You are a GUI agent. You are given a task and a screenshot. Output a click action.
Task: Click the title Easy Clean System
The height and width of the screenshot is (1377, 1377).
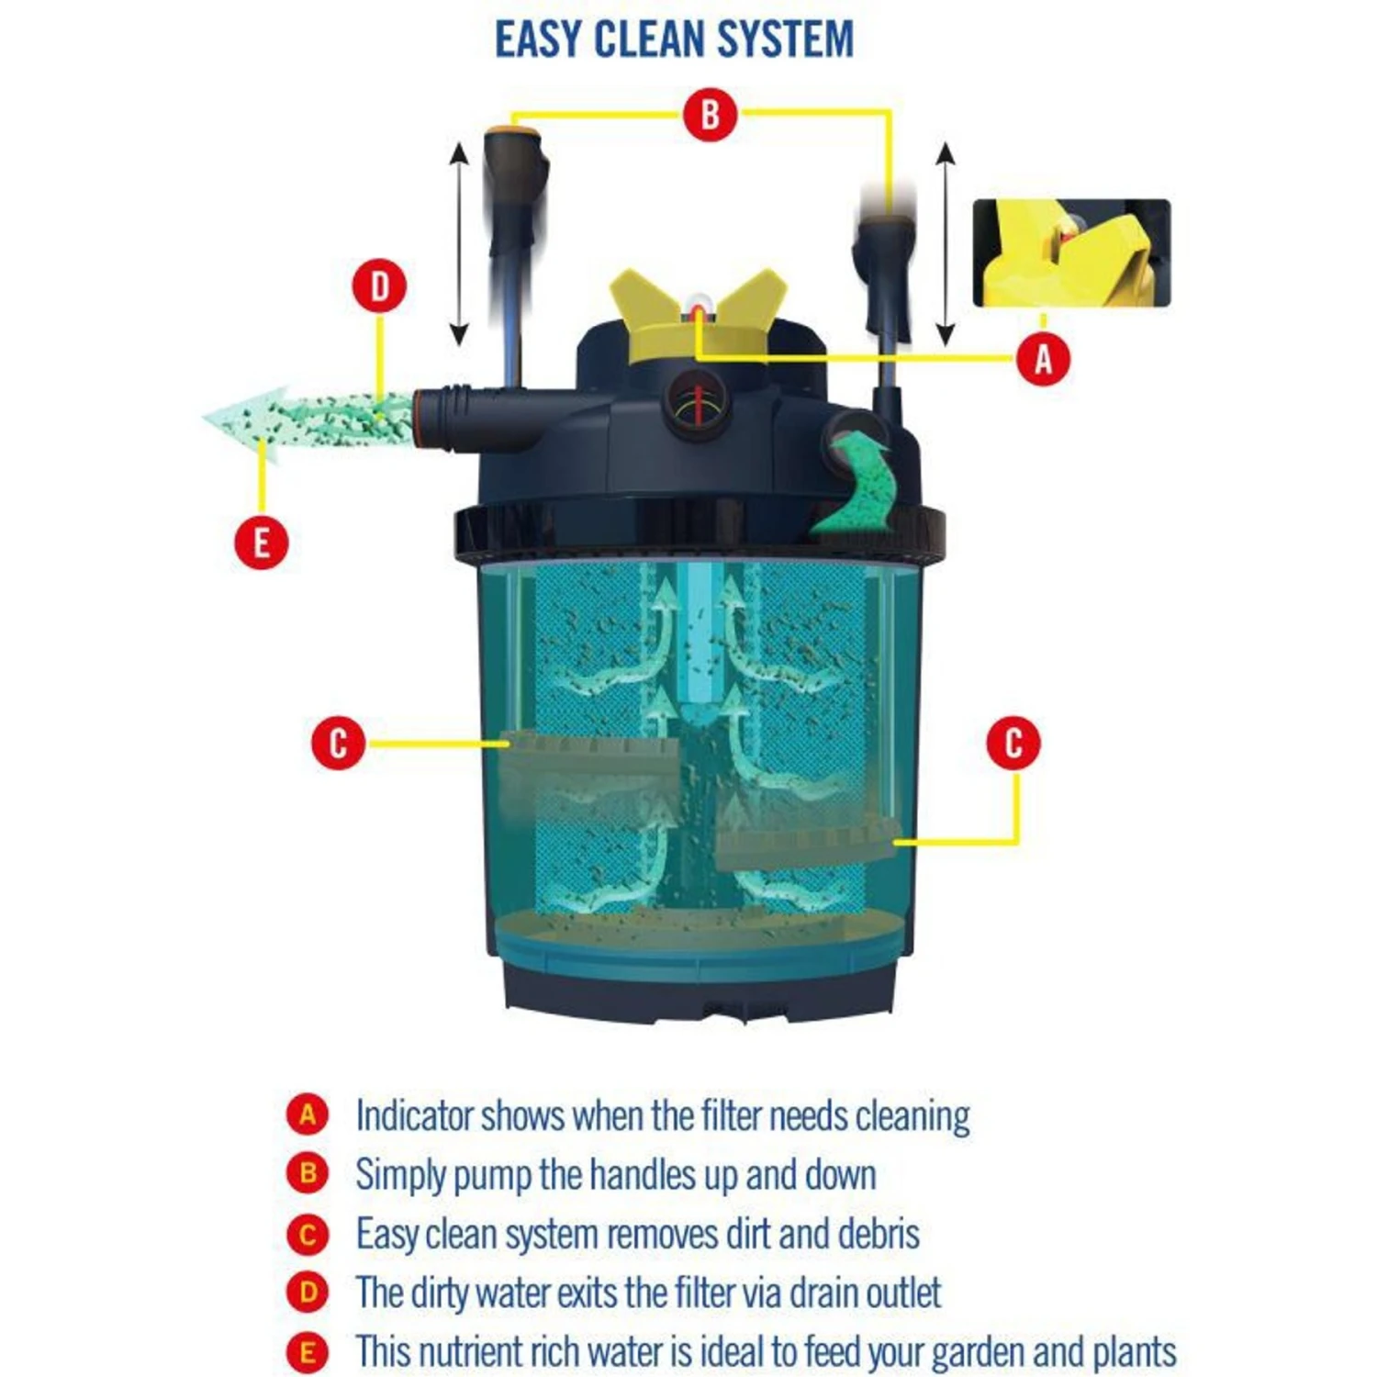(674, 39)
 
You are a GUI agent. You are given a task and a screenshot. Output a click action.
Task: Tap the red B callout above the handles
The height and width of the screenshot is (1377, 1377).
(710, 115)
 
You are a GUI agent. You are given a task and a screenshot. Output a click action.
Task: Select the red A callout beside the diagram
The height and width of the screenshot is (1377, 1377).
(1044, 358)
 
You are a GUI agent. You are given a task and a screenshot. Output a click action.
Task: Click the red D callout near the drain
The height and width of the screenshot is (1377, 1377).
(380, 286)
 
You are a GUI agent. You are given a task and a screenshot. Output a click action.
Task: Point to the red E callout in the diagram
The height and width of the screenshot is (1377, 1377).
(262, 542)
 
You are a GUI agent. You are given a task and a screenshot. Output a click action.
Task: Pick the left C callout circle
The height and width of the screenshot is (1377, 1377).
(338, 743)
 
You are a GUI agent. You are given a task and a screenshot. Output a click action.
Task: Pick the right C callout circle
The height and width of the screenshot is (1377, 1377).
(1013, 743)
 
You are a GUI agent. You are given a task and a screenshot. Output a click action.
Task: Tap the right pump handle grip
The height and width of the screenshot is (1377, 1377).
(884, 266)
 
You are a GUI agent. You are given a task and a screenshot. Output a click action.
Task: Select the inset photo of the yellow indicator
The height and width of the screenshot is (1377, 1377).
(1071, 252)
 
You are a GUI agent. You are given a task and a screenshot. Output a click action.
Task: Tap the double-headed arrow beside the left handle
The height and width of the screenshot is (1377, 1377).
(459, 245)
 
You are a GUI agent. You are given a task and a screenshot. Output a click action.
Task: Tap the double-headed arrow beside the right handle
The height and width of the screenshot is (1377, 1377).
(946, 245)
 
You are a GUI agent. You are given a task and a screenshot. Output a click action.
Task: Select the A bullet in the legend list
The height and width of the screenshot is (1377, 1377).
(308, 1115)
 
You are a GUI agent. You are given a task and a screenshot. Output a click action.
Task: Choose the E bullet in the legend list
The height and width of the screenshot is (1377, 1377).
(308, 1352)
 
